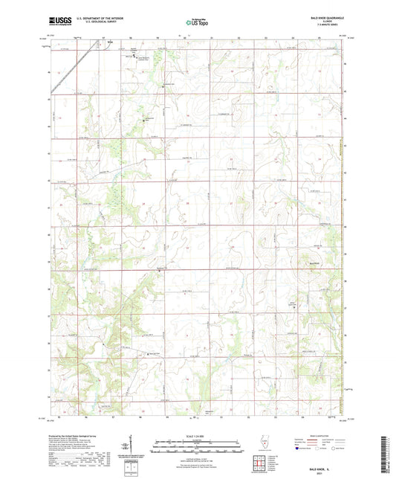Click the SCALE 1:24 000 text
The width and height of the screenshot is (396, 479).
tap(197, 437)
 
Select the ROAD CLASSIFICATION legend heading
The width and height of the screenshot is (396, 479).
tap(323, 437)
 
